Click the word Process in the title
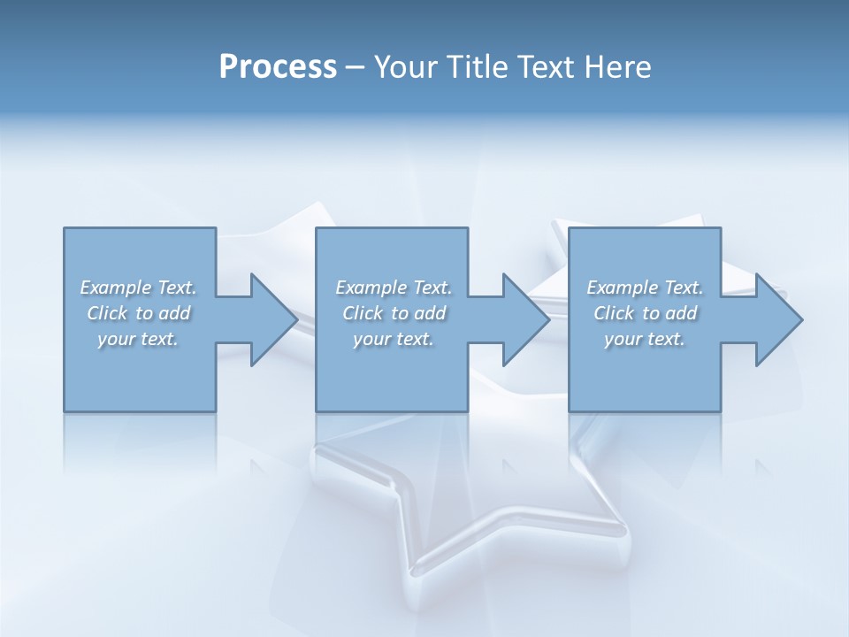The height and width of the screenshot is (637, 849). tap(278, 67)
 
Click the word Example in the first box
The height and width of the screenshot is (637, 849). tap(116, 288)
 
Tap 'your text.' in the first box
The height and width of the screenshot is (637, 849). tap(138, 339)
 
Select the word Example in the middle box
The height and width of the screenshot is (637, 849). tap(371, 288)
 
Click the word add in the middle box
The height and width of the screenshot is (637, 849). tap(430, 313)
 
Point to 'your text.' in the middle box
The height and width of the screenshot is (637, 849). tap(394, 339)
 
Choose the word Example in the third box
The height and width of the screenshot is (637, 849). tap(623, 288)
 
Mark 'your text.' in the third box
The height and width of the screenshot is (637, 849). tap(645, 339)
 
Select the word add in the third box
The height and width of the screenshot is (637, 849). tap(681, 313)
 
